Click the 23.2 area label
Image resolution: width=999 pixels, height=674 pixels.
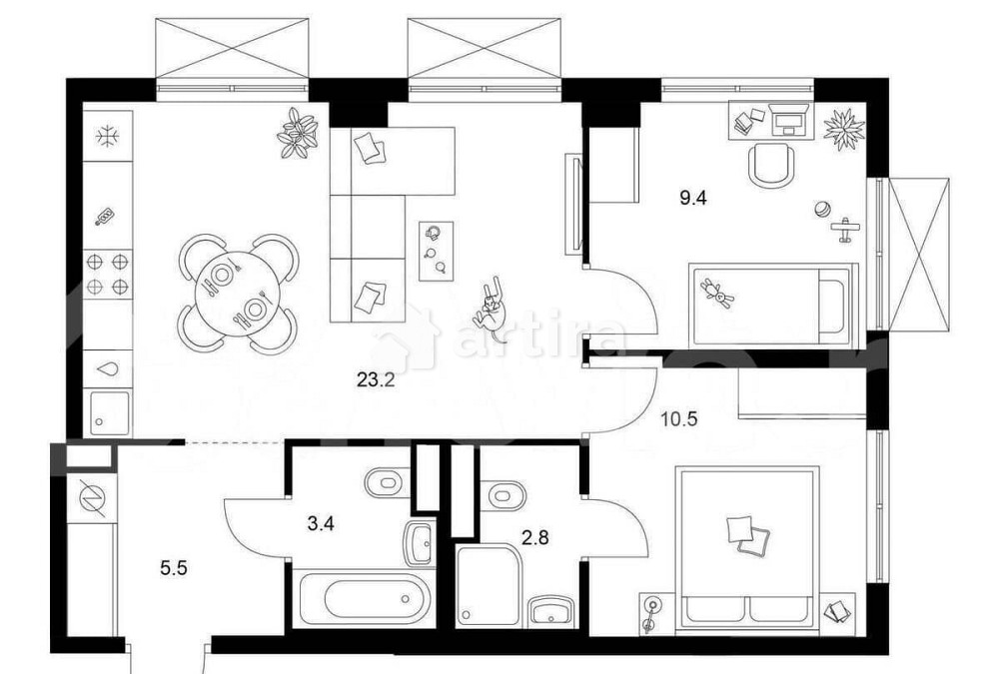point(376,380)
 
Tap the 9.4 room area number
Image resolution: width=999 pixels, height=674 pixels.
point(693,198)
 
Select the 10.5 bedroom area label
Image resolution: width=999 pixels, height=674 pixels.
point(679,418)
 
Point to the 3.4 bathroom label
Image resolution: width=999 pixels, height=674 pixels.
point(321,524)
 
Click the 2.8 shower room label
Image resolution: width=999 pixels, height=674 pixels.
point(535,538)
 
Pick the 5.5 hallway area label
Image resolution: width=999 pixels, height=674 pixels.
point(173,567)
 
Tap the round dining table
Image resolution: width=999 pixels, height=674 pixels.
point(237,293)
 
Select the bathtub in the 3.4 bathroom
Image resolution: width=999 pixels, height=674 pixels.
point(364,597)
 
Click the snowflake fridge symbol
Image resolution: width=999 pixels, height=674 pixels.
point(108,136)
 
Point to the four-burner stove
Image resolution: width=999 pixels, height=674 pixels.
point(108,274)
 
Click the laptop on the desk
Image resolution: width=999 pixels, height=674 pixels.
point(790,119)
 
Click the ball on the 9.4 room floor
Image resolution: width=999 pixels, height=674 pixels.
point(822,210)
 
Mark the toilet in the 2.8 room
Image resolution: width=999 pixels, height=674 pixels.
point(505,495)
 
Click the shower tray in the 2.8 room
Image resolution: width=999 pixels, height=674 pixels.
point(489,586)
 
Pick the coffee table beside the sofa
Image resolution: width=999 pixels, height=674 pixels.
point(437,251)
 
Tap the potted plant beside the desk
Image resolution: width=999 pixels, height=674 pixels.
point(843,130)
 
